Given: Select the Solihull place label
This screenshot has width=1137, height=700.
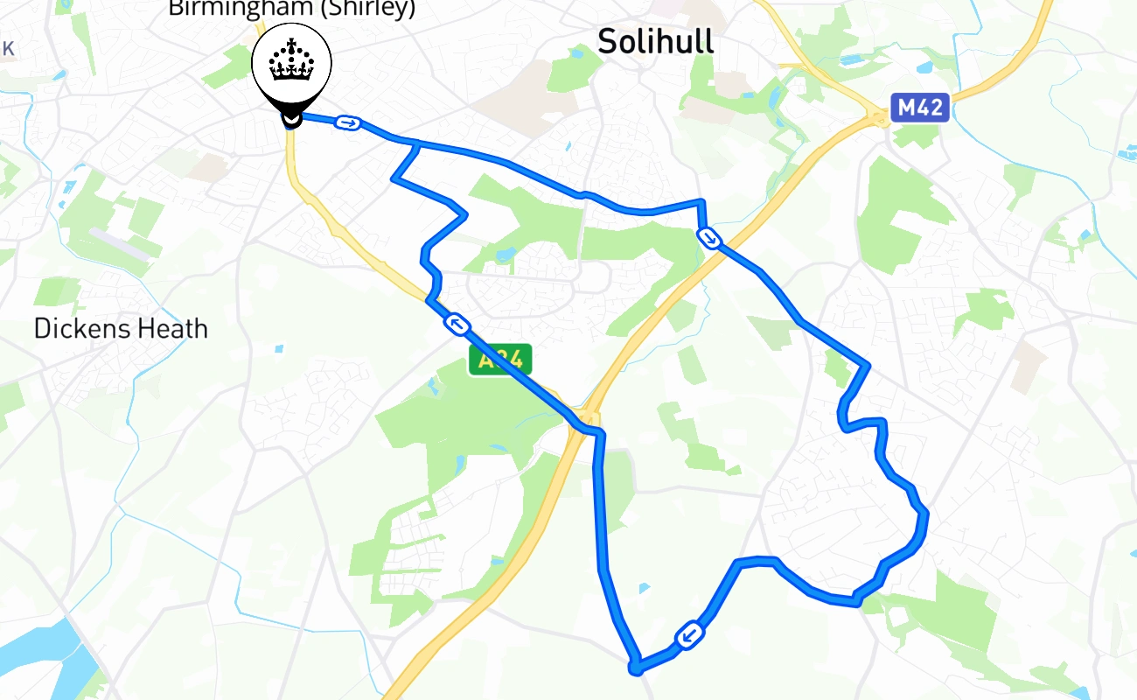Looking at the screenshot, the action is tap(655, 42).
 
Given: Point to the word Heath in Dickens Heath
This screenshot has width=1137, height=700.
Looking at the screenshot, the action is tap(175, 329).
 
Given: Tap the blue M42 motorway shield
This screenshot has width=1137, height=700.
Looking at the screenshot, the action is tap(919, 108).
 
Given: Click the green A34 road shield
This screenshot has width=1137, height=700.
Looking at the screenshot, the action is tap(500, 360).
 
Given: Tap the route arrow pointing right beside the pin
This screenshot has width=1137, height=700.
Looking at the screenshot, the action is tap(348, 123).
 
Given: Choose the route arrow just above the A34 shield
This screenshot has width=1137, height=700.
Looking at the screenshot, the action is tap(457, 325).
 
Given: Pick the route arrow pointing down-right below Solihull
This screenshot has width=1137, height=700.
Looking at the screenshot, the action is tap(709, 237).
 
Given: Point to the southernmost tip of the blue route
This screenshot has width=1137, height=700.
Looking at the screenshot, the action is tap(636, 670).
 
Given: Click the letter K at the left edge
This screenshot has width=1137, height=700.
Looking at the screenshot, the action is tap(8, 49).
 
